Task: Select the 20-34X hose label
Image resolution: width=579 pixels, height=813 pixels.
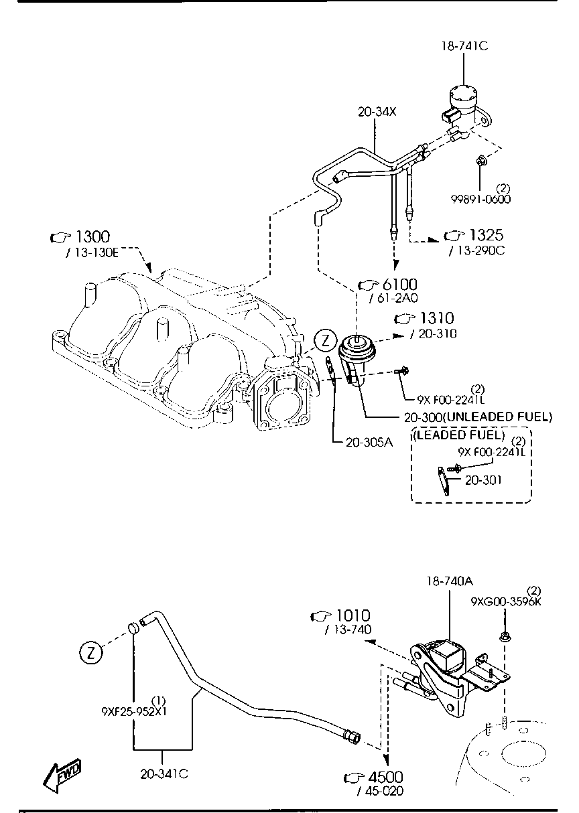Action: (377, 113)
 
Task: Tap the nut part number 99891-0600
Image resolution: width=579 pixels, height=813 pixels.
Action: (480, 199)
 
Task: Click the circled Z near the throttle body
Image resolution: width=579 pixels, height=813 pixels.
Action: (325, 340)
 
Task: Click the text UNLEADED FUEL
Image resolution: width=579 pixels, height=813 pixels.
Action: (499, 417)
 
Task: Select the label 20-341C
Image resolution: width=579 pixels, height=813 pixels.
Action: (164, 774)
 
